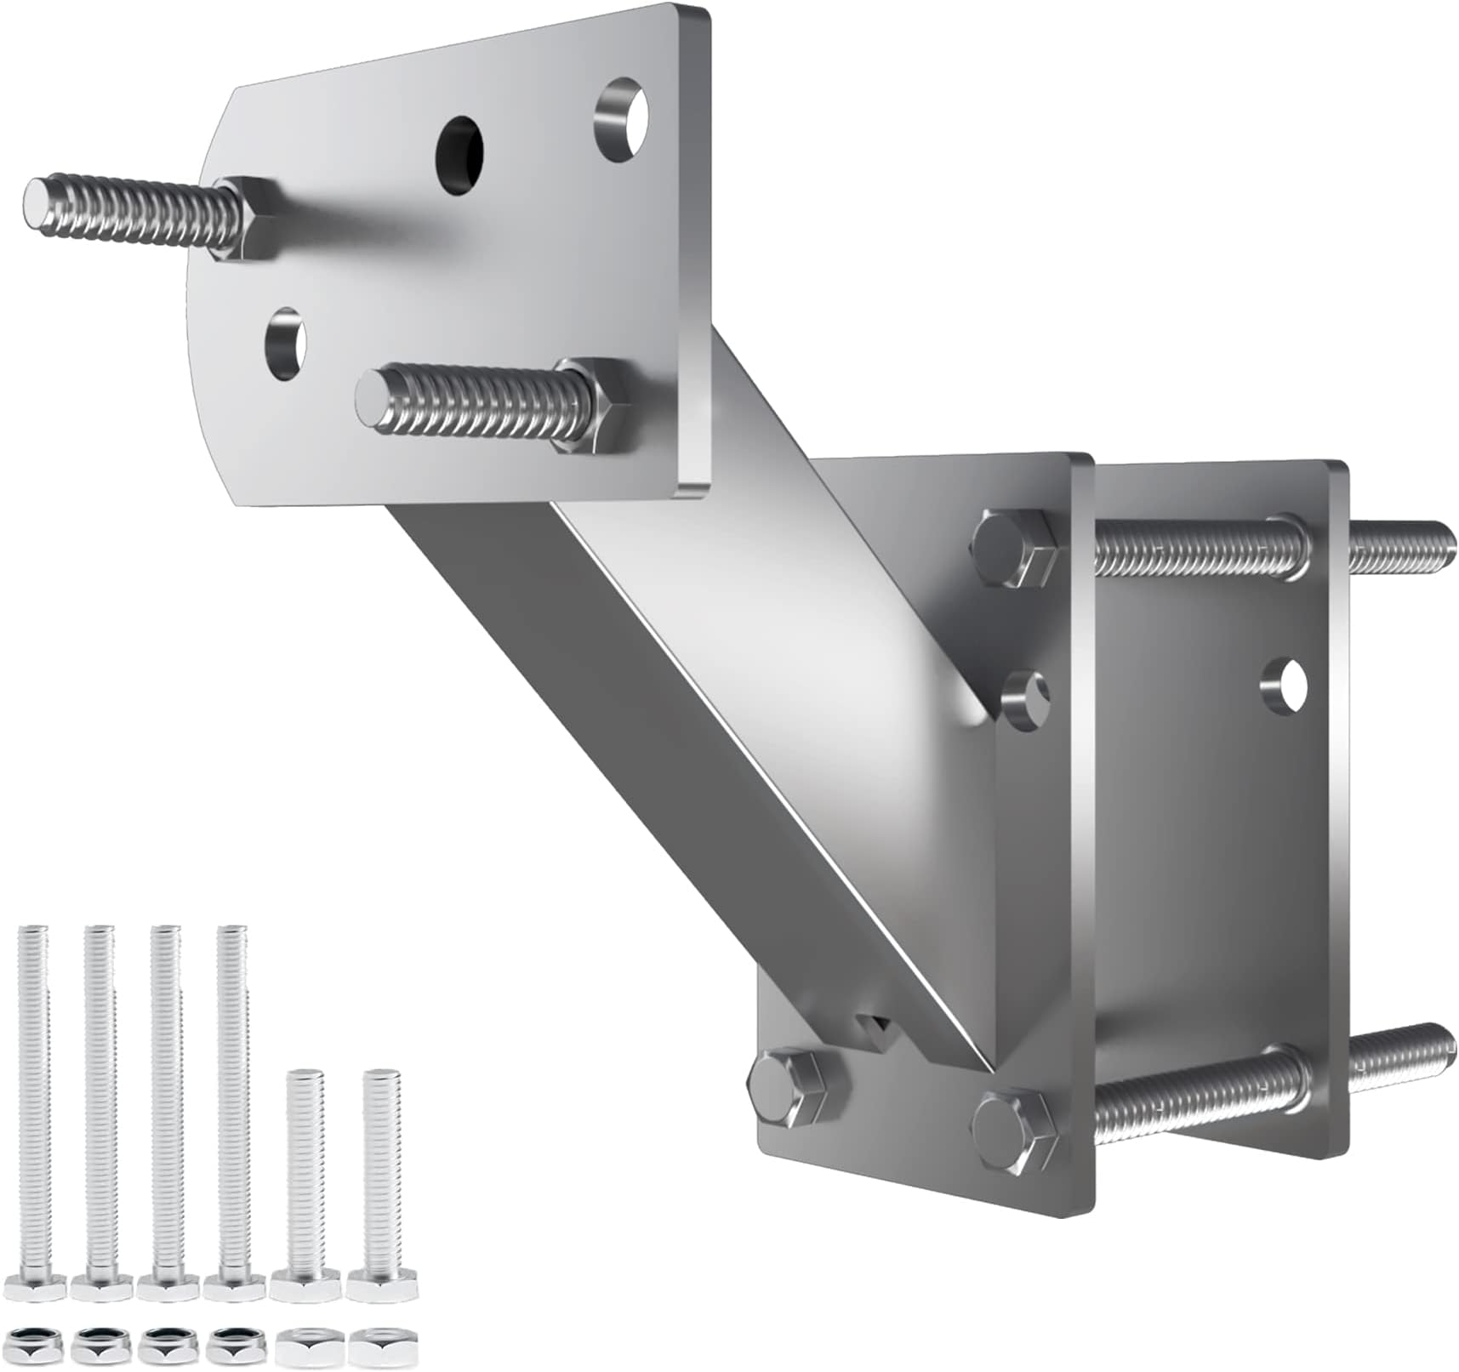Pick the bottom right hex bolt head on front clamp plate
click(x=1014, y=1128)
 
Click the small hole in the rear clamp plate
click(x=1284, y=683)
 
